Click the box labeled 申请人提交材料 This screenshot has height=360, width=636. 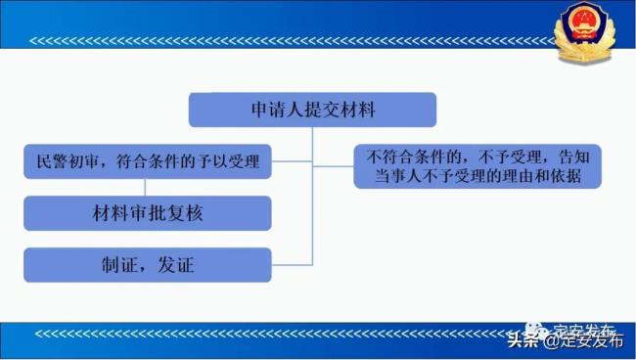(x=312, y=110)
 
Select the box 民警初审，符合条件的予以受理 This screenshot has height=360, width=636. (x=147, y=161)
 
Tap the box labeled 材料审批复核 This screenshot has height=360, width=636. (x=147, y=212)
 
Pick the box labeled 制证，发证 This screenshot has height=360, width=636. (x=147, y=264)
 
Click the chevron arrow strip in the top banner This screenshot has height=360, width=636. (x=294, y=42)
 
